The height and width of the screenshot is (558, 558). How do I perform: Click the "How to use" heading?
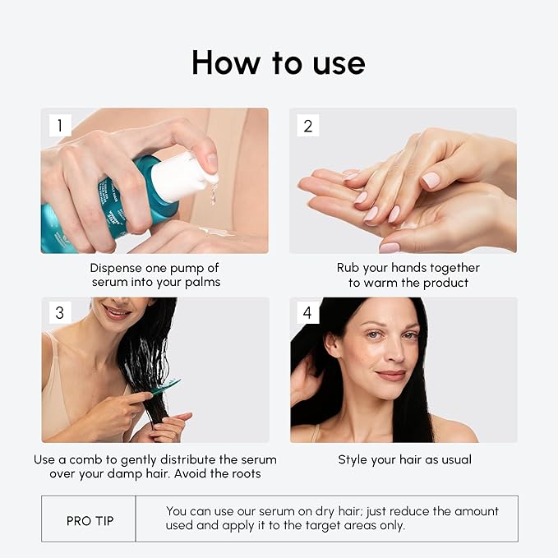(x=279, y=62)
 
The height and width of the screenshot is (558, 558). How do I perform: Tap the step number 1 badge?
(x=60, y=126)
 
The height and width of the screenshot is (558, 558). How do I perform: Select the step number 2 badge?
(x=308, y=126)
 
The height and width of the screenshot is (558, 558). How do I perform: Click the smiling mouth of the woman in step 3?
(x=116, y=313)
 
